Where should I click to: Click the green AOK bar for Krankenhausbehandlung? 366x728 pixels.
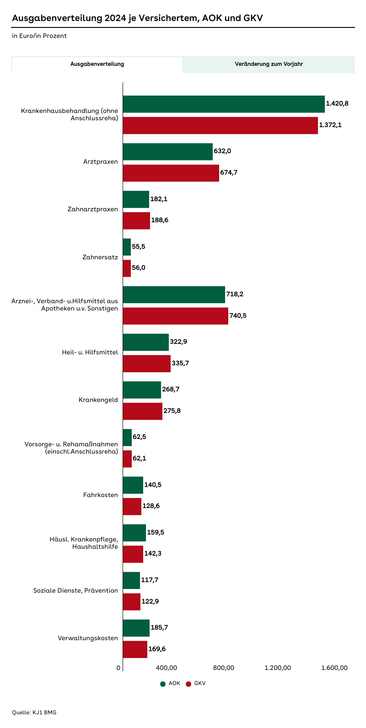coord(224,104)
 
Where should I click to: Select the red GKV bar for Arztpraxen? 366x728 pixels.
coord(171,173)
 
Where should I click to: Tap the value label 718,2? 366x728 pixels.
coord(235,294)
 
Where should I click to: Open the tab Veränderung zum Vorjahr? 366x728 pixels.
coord(269,64)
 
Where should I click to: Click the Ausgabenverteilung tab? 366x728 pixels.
coord(97,64)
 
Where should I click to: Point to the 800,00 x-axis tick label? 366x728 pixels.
coord(224,668)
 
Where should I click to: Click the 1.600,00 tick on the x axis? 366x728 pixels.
coord(334,668)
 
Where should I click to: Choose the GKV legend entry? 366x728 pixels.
coord(196,684)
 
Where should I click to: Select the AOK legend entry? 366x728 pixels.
coord(171,684)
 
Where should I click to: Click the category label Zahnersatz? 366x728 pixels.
coord(100,257)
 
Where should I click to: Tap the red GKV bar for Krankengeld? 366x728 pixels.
coord(142,411)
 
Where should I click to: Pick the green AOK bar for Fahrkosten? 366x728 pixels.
coord(133,485)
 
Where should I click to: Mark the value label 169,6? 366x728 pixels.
coord(157,648)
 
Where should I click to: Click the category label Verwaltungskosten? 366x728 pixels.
coord(88,638)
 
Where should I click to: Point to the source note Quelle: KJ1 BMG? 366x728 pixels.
coord(34,712)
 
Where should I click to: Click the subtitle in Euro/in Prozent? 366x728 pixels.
coord(39,36)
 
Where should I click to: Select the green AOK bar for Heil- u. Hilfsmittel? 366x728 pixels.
coord(145,342)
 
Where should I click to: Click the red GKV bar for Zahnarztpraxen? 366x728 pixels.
coord(136,220)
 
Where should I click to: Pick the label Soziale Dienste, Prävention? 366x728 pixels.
coord(75,590)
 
